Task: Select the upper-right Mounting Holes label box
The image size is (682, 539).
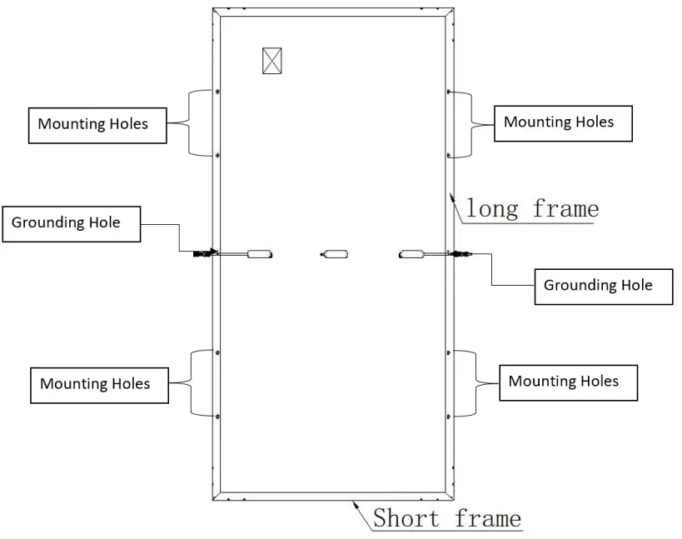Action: (563, 122)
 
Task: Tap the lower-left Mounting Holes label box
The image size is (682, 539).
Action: (97, 384)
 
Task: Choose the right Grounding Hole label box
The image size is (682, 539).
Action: (602, 286)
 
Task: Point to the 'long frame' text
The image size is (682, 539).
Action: (531, 207)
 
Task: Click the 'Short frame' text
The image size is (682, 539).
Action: (446, 518)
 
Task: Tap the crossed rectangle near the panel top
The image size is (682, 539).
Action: (272, 60)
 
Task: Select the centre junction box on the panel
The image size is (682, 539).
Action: (336, 253)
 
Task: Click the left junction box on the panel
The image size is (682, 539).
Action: (260, 252)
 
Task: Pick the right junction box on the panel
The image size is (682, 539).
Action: (412, 253)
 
